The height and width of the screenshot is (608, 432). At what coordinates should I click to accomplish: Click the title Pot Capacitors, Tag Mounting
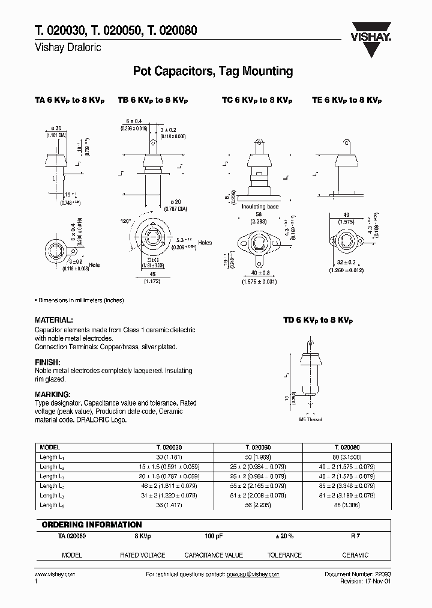click(x=212, y=71)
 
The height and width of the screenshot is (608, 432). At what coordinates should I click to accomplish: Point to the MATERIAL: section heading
click(x=54, y=321)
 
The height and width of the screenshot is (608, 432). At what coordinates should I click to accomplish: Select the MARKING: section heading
click(x=53, y=394)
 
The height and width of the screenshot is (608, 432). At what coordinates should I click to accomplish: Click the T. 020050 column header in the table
click(x=258, y=448)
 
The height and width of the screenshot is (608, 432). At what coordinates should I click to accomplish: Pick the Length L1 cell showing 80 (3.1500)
click(x=346, y=457)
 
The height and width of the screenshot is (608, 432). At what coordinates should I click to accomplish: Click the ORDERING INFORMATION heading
click(x=92, y=524)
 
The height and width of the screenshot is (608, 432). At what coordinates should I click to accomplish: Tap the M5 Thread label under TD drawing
click(x=310, y=419)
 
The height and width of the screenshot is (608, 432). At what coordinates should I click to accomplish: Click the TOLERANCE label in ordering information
click(x=284, y=555)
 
